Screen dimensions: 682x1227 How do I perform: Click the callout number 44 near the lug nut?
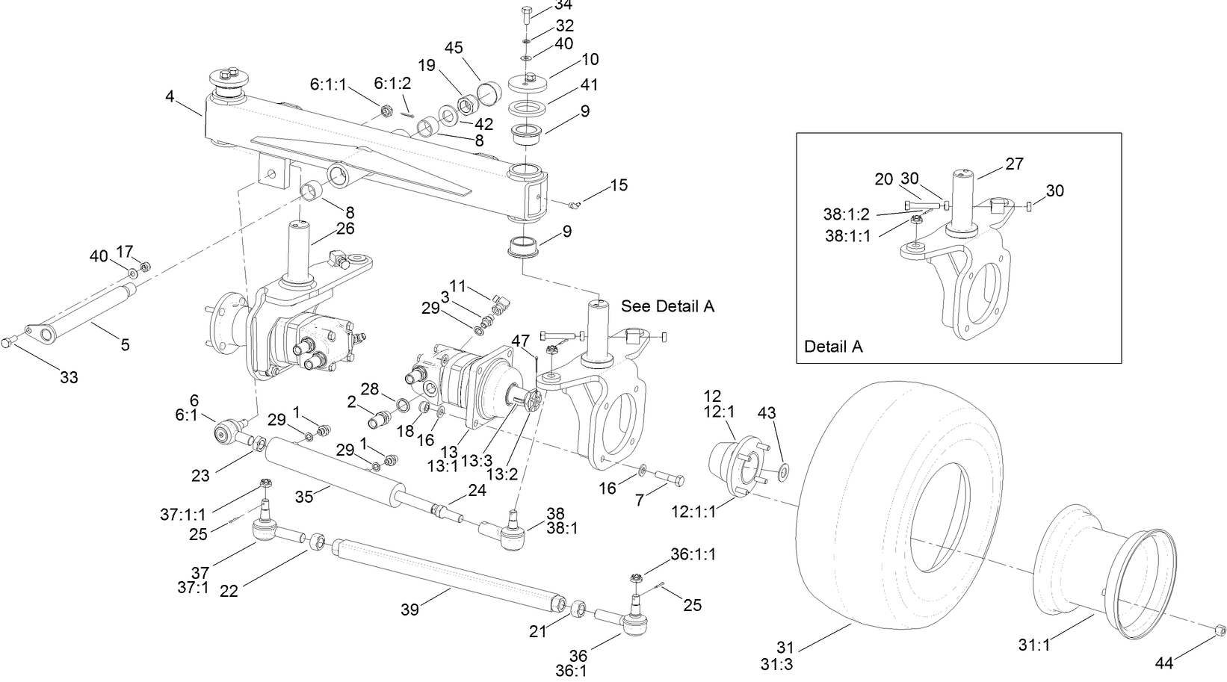pos(1163,662)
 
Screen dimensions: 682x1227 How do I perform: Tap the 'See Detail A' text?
pos(667,307)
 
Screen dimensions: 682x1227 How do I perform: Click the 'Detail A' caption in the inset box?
pos(833,347)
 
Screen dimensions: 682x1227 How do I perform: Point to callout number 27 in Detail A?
pos(1014,164)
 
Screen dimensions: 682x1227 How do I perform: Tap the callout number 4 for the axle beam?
pos(170,96)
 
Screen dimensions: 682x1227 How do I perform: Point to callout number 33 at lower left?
pos(69,377)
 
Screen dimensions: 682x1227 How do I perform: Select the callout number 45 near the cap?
pos(454,48)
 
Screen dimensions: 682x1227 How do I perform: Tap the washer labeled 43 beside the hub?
pos(782,471)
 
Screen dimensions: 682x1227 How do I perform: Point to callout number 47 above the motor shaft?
pos(520,341)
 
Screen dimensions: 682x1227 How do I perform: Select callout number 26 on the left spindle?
pos(345,229)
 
